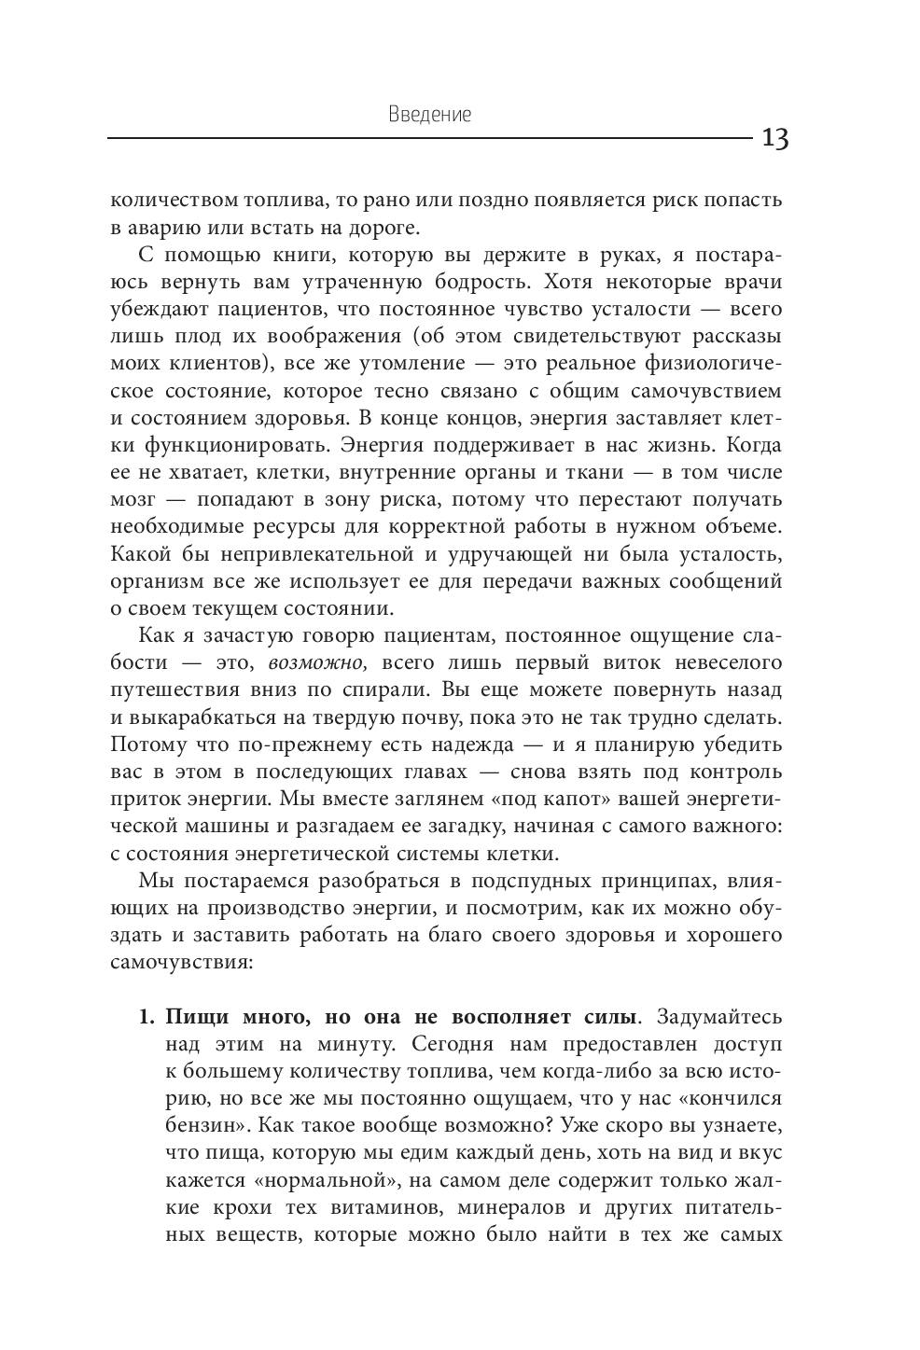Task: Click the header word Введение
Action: click(429, 116)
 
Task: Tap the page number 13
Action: click(774, 140)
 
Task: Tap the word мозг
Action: click(131, 499)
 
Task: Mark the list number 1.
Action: click(146, 1016)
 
